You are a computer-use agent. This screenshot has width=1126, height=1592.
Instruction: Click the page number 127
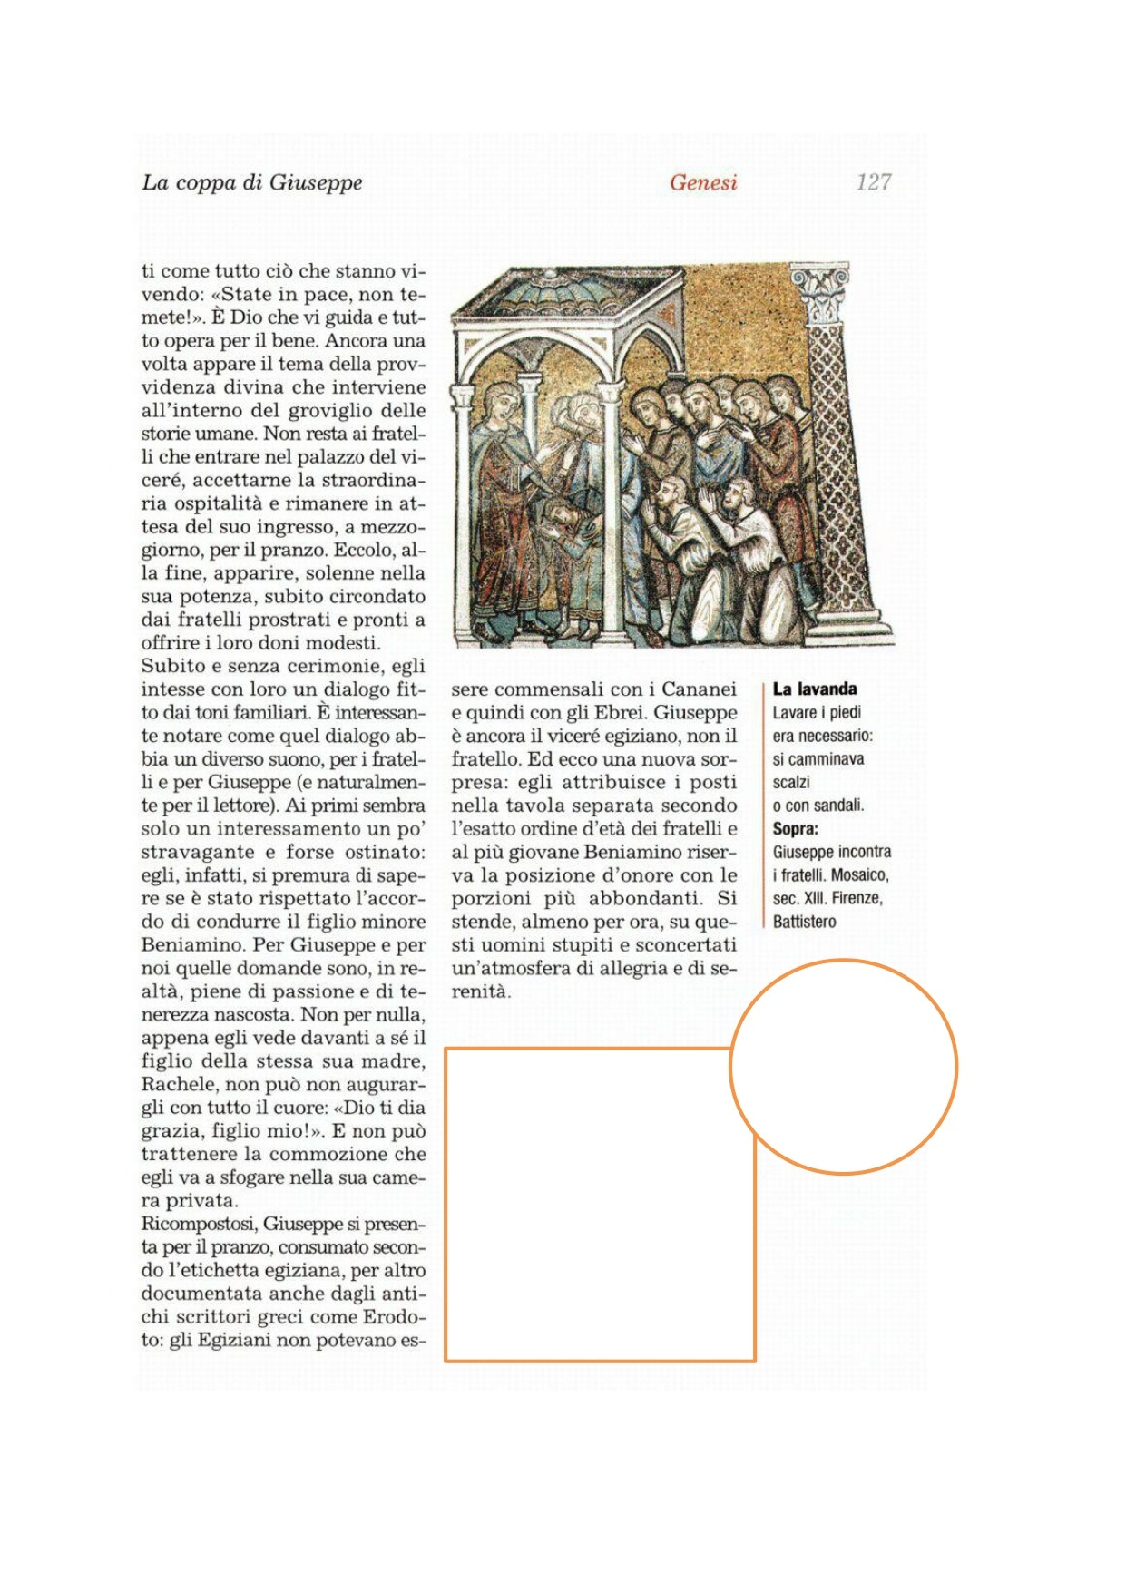(x=873, y=182)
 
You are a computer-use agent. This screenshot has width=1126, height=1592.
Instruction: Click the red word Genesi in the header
(x=703, y=182)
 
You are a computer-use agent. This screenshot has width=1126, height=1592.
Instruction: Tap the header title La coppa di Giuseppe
(x=251, y=182)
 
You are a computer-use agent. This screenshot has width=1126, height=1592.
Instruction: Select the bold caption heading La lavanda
(x=814, y=689)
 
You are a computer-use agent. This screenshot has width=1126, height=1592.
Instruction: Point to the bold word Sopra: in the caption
(x=795, y=828)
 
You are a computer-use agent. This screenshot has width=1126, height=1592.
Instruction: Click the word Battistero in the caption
(x=804, y=922)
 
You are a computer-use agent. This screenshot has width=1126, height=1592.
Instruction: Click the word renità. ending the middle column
(x=481, y=991)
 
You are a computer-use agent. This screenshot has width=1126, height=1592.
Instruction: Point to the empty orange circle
(x=843, y=1067)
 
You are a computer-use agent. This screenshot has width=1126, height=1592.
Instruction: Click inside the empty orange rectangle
(x=599, y=1206)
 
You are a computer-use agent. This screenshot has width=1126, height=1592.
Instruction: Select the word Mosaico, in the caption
(x=859, y=875)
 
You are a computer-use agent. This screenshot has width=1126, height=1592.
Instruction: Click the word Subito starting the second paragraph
(x=170, y=666)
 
